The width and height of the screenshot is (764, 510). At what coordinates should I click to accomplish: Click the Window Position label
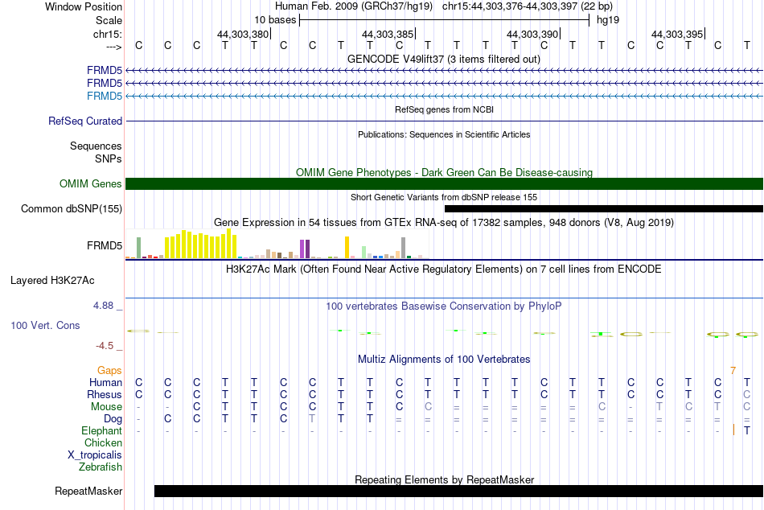click(84, 6)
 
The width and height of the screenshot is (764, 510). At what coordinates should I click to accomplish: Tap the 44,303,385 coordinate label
click(388, 34)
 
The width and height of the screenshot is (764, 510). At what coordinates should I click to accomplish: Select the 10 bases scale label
click(275, 20)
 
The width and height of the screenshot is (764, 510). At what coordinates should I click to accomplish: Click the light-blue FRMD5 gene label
click(105, 96)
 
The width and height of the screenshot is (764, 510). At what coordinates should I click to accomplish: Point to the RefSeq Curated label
click(85, 121)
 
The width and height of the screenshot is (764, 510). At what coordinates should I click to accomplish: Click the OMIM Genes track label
click(91, 184)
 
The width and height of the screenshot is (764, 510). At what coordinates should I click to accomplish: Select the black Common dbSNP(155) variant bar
click(604, 208)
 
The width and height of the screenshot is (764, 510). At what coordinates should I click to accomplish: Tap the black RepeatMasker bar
click(458, 491)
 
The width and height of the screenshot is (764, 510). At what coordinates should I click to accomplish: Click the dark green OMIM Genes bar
click(444, 184)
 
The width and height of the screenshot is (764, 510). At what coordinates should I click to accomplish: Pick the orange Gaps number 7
click(733, 371)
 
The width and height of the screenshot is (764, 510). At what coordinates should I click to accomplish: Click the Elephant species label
click(101, 431)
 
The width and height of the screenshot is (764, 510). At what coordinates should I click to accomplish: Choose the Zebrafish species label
click(101, 467)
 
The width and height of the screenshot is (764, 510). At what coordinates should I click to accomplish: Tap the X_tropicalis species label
click(95, 455)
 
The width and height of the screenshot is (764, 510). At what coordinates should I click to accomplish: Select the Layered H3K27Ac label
click(52, 281)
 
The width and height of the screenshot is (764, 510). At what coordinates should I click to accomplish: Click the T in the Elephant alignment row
click(747, 430)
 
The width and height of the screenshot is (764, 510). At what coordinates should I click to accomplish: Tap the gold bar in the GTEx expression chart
click(347, 247)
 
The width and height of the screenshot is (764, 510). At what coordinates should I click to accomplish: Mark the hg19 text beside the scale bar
click(608, 20)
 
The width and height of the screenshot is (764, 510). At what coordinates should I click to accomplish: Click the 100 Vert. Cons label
click(45, 325)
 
